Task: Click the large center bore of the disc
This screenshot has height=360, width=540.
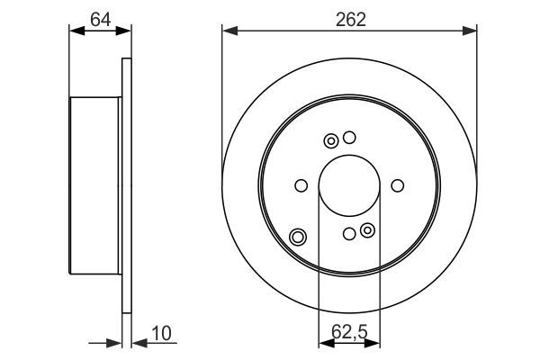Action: point(349,185)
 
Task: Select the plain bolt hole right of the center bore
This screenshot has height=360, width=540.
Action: point(398,186)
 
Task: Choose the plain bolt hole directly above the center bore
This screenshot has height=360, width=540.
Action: point(350,138)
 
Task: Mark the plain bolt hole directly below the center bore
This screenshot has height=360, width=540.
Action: point(349,235)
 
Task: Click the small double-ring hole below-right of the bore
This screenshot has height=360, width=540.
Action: point(367,231)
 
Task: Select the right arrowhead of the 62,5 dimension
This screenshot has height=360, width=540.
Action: point(375,342)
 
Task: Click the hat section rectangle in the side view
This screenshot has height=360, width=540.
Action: point(95,187)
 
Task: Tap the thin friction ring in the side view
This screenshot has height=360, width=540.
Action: point(126,187)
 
